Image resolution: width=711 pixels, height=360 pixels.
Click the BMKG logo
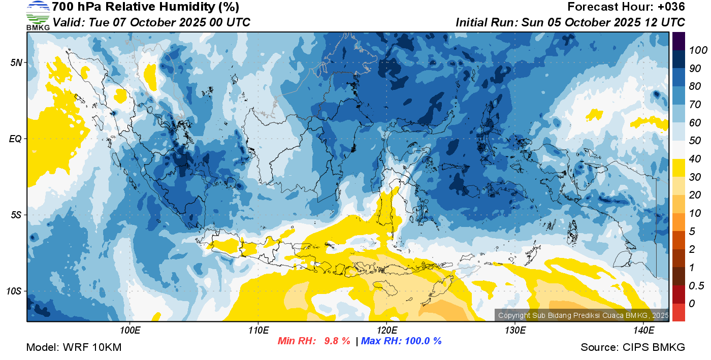pyautogui.click(x=38, y=16)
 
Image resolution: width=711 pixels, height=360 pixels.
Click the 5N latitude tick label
pyautogui.click(x=16, y=62)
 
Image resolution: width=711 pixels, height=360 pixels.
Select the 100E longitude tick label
pyautogui.click(x=130, y=330)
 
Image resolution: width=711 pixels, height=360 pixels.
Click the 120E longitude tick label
pyautogui.click(x=387, y=330)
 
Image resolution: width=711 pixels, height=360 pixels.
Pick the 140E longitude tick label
pyautogui.click(x=644, y=330)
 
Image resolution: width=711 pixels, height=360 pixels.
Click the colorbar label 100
pyautogui.click(x=698, y=50)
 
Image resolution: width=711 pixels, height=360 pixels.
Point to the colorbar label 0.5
pyautogui.click(x=696, y=285)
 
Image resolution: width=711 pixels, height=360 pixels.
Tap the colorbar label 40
pyautogui.click(x=695, y=159)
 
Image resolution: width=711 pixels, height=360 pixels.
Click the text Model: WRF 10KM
pyautogui.click(x=74, y=347)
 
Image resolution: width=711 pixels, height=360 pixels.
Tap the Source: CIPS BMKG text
pyautogui.click(x=633, y=347)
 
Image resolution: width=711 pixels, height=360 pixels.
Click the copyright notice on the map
pyautogui.click(x=583, y=315)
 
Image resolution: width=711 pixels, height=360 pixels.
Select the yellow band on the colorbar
pyautogui.click(x=678, y=168)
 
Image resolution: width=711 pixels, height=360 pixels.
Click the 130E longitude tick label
pyautogui.click(x=515, y=330)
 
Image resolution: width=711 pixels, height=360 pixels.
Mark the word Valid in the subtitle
pyautogui.click(x=69, y=22)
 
